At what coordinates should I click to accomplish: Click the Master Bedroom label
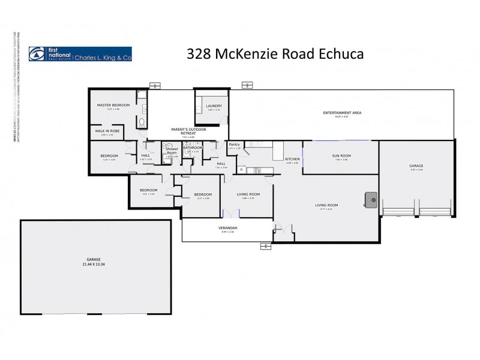click(113, 106)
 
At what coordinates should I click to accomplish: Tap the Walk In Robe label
click(107, 132)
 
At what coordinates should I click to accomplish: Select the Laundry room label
click(214, 106)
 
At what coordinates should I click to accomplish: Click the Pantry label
click(233, 145)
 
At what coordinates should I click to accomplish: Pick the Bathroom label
click(193, 148)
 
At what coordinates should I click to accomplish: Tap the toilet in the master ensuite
click(141, 122)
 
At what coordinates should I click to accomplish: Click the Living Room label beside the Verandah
click(248, 194)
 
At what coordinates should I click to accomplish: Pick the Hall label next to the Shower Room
click(146, 155)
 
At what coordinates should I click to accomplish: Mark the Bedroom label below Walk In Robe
click(109, 156)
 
